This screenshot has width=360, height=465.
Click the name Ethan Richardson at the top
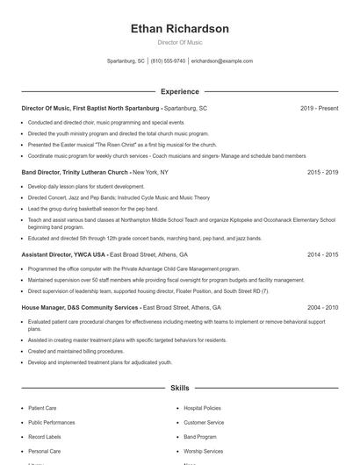tap(179, 29)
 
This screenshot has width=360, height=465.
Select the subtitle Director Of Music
tap(179, 42)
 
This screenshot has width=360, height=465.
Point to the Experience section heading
tap(179, 91)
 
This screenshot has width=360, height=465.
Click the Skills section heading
tap(179, 387)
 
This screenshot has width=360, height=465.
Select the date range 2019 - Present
tap(319, 108)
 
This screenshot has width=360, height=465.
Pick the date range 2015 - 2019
tap(322, 173)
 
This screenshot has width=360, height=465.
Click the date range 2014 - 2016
tap(322, 254)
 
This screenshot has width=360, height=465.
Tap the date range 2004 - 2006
tap(322, 308)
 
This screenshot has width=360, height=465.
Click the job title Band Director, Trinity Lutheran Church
tap(75, 173)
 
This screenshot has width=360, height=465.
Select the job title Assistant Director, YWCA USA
tap(64, 254)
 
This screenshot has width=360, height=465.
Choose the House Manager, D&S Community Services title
tap(80, 308)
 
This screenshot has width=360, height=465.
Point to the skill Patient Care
tap(44, 408)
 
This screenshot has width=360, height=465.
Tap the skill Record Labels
tap(45, 436)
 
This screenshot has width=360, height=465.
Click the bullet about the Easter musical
tap(122, 144)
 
